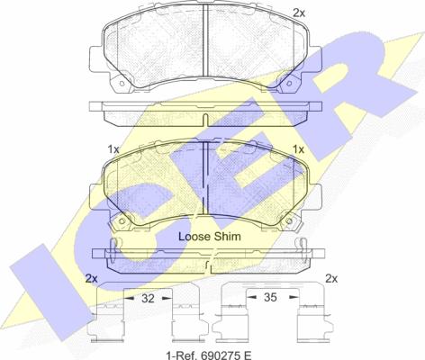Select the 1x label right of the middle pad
tap(299, 148)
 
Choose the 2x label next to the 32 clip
tap(91, 278)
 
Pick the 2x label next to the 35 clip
tap(330, 278)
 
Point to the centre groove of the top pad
tap(205, 45)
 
